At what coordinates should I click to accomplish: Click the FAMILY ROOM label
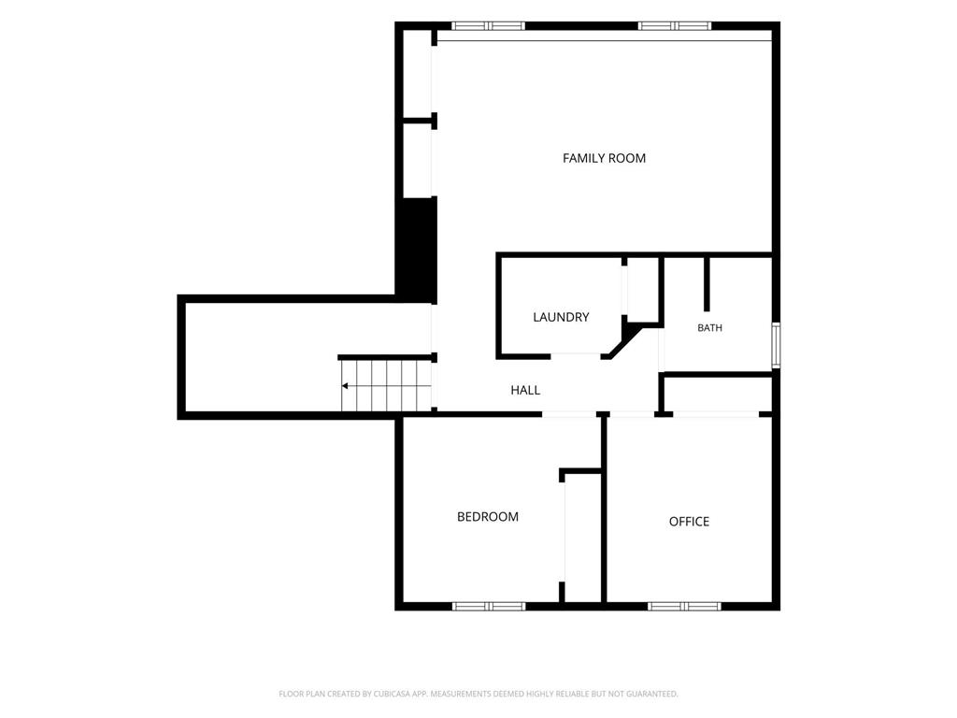click(x=604, y=158)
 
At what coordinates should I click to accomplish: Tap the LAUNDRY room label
click(x=561, y=317)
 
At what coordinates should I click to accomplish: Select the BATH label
click(x=710, y=328)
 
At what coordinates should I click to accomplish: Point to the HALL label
click(x=525, y=390)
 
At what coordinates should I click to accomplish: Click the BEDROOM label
click(x=488, y=516)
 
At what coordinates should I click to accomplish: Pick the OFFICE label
click(x=689, y=522)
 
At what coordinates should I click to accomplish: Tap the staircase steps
click(x=386, y=386)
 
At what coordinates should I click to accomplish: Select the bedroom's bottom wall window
click(x=488, y=606)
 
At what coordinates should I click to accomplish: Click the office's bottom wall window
click(x=684, y=606)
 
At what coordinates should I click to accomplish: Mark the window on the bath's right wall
click(x=776, y=345)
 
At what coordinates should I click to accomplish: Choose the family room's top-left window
click(x=488, y=25)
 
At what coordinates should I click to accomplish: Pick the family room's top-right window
click(x=675, y=25)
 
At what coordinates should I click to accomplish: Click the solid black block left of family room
click(x=418, y=249)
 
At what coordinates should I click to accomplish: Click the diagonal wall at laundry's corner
click(x=623, y=342)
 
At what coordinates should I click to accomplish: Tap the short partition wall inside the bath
click(x=707, y=284)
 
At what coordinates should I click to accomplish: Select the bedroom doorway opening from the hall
click(x=569, y=414)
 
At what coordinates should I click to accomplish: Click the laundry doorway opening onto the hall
click(x=576, y=356)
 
